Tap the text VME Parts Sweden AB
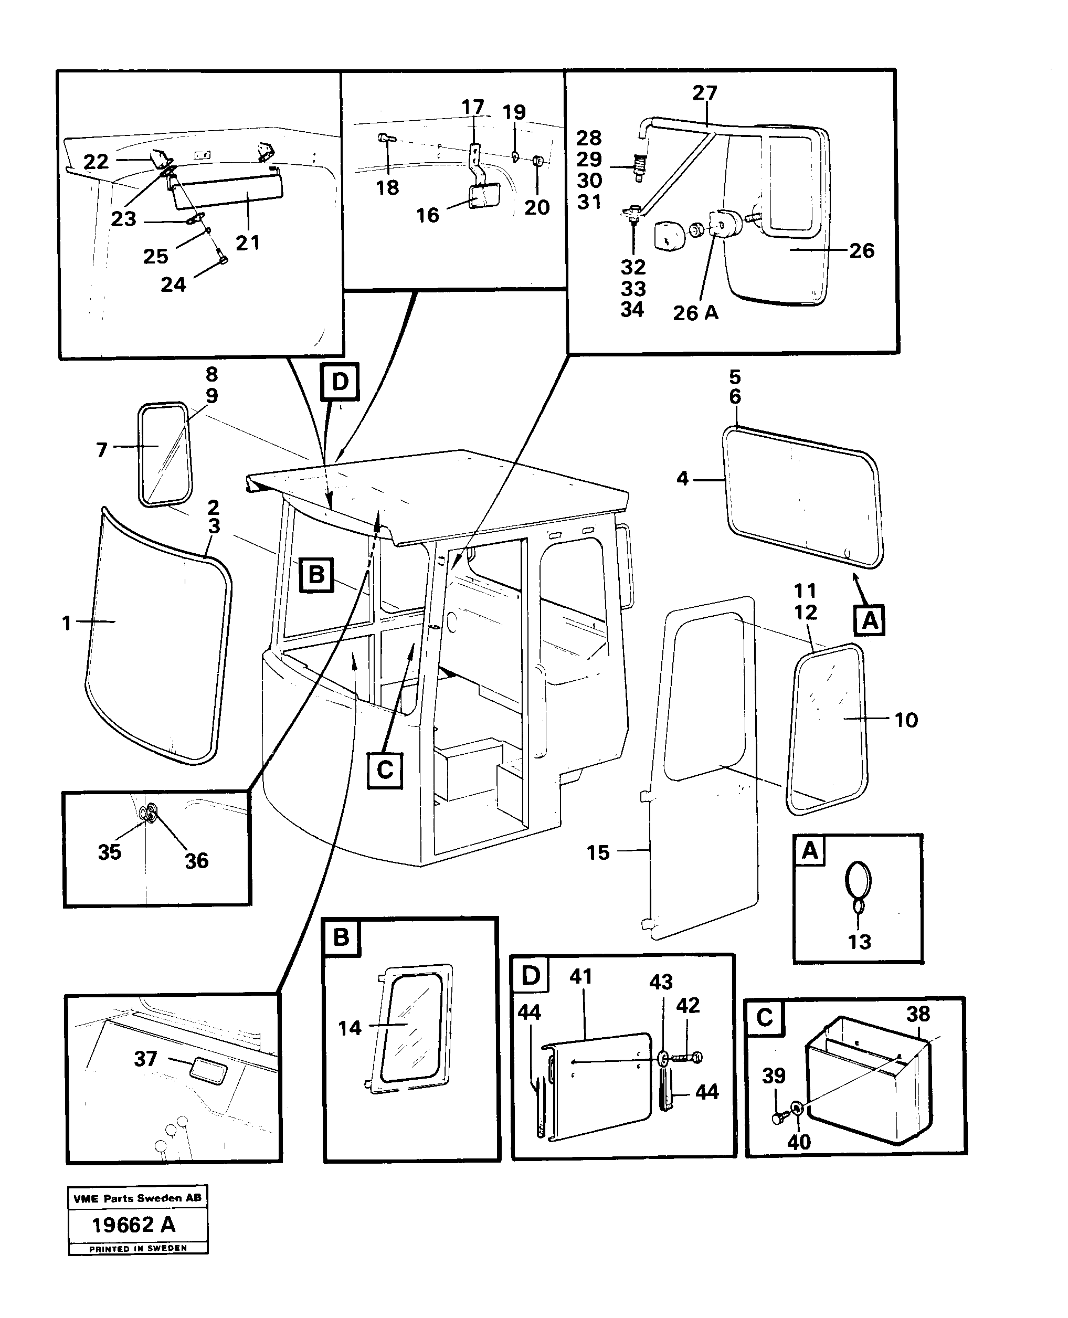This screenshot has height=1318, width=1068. [136, 1198]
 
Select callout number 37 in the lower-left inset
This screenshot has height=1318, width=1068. [146, 1058]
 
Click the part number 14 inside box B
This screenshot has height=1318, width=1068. [350, 1028]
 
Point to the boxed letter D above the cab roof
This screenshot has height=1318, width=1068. [340, 382]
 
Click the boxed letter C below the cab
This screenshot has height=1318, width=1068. [385, 770]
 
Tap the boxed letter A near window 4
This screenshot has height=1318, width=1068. [869, 620]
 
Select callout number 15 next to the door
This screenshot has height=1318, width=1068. [597, 852]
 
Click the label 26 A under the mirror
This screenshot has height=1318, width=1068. [695, 313]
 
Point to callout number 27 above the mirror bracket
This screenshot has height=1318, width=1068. [704, 93]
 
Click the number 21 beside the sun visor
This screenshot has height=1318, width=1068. [248, 242]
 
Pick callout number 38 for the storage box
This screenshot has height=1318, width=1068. [918, 1014]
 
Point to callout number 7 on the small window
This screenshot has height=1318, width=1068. [102, 450]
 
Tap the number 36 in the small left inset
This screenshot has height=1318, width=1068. [196, 860]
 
